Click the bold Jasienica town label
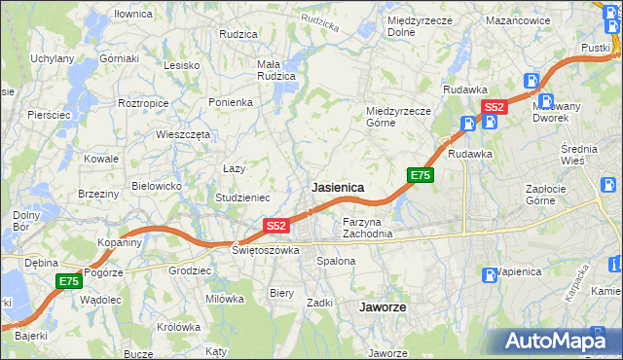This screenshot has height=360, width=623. click(x=338, y=187)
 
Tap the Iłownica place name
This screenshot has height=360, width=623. click(x=133, y=15)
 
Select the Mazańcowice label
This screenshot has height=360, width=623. click(x=519, y=19)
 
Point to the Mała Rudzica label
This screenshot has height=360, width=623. click(x=275, y=71)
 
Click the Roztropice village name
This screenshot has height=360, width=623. click(x=144, y=102)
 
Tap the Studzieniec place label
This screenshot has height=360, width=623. click(x=242, y=198)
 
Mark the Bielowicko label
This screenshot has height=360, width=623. click(x=157, y=185)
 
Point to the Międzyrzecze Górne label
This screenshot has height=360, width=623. click(x=398, y=117)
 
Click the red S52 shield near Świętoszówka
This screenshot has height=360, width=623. click(x=276, y=226)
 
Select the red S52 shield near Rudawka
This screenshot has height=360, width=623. click(x=494, y=107)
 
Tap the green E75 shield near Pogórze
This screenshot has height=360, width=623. click(x=67, y=281)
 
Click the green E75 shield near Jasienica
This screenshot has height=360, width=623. click(x=420, y=175)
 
